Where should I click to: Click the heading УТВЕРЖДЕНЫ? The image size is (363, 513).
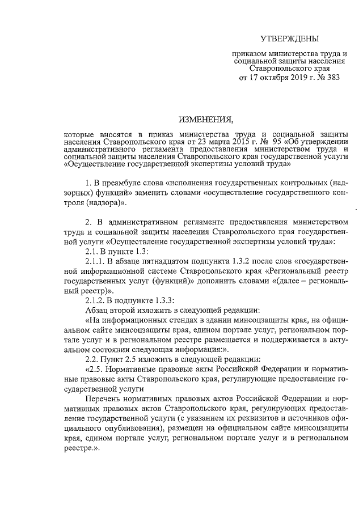289,39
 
